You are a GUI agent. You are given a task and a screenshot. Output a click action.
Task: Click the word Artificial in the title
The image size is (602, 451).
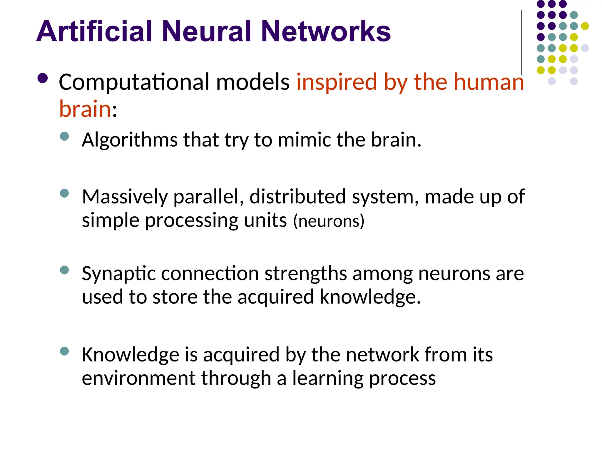[x=94, y=31]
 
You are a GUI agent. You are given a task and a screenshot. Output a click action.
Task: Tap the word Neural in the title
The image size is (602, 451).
[x=207, y=31]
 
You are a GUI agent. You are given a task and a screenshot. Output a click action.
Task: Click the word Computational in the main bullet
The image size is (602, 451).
[x=134, y=83]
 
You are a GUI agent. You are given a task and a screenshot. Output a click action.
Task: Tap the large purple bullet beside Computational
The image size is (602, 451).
[x=43, y=78]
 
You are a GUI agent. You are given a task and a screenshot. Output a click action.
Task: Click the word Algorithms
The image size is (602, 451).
[x=130, y=140]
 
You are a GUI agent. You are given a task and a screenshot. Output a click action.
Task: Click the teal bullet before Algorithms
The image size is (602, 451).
[x=64, y=136]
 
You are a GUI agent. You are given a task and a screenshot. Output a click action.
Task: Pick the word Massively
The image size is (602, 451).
[x=125, y=197]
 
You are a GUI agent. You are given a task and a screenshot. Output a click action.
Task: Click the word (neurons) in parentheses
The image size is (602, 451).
[x=329, y=221]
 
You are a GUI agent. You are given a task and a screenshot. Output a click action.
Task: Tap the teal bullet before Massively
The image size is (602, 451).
[x=64, y=193]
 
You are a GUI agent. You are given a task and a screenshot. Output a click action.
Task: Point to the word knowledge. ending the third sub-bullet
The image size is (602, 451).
[x=370, y=297]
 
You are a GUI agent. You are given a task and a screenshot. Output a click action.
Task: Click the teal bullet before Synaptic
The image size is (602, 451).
[x=64, y=270]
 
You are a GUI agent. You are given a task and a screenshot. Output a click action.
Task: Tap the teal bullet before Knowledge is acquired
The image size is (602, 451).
[x=64, y=351]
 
